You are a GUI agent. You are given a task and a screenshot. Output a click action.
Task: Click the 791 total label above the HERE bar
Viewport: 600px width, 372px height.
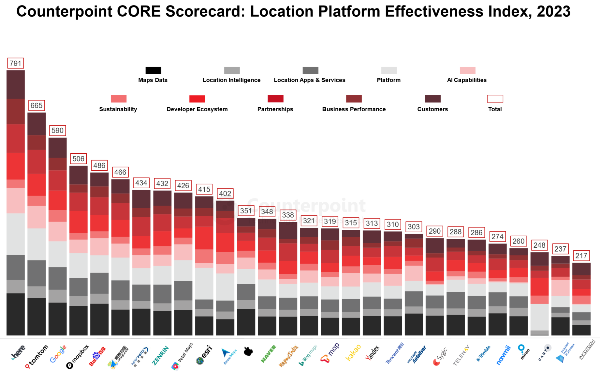coord(15,63)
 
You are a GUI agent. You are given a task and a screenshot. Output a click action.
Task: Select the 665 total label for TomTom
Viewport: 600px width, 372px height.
coord(36,105)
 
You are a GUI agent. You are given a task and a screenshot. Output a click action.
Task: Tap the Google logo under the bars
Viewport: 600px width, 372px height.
coord(58,354)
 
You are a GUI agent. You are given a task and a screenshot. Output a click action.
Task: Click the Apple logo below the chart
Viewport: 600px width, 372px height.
coord(248,351)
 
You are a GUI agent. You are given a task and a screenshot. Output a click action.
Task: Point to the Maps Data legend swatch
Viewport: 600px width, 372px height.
coord(153,70)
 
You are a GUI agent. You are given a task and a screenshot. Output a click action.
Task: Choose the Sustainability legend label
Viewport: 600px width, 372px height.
coord(118,109)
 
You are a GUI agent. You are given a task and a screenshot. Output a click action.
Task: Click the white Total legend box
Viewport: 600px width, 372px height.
coord(495,99)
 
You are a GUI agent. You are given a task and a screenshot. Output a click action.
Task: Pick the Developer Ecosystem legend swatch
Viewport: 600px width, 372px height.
coord(197,99)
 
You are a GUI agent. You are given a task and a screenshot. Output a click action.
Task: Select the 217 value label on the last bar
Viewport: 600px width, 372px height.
coord(581,256)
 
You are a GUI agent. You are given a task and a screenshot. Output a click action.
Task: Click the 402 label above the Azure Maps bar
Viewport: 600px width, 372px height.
coord(225,194)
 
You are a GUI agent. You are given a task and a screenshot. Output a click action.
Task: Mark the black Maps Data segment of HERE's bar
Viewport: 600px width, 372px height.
coord(16,314)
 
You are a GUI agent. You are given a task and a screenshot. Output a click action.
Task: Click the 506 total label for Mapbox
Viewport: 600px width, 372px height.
coord(78,159)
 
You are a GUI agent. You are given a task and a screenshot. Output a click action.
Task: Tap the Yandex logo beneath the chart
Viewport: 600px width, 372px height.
coord(372,353)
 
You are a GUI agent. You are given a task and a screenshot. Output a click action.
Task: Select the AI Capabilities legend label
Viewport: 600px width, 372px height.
coord(467,80)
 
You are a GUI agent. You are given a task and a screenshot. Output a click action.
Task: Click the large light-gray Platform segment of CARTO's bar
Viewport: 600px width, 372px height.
coord(539,317)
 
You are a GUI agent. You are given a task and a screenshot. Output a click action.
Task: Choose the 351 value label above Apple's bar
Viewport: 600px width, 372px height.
coord(246,211)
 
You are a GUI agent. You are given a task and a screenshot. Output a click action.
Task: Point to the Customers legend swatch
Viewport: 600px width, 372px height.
coord(432,99)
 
